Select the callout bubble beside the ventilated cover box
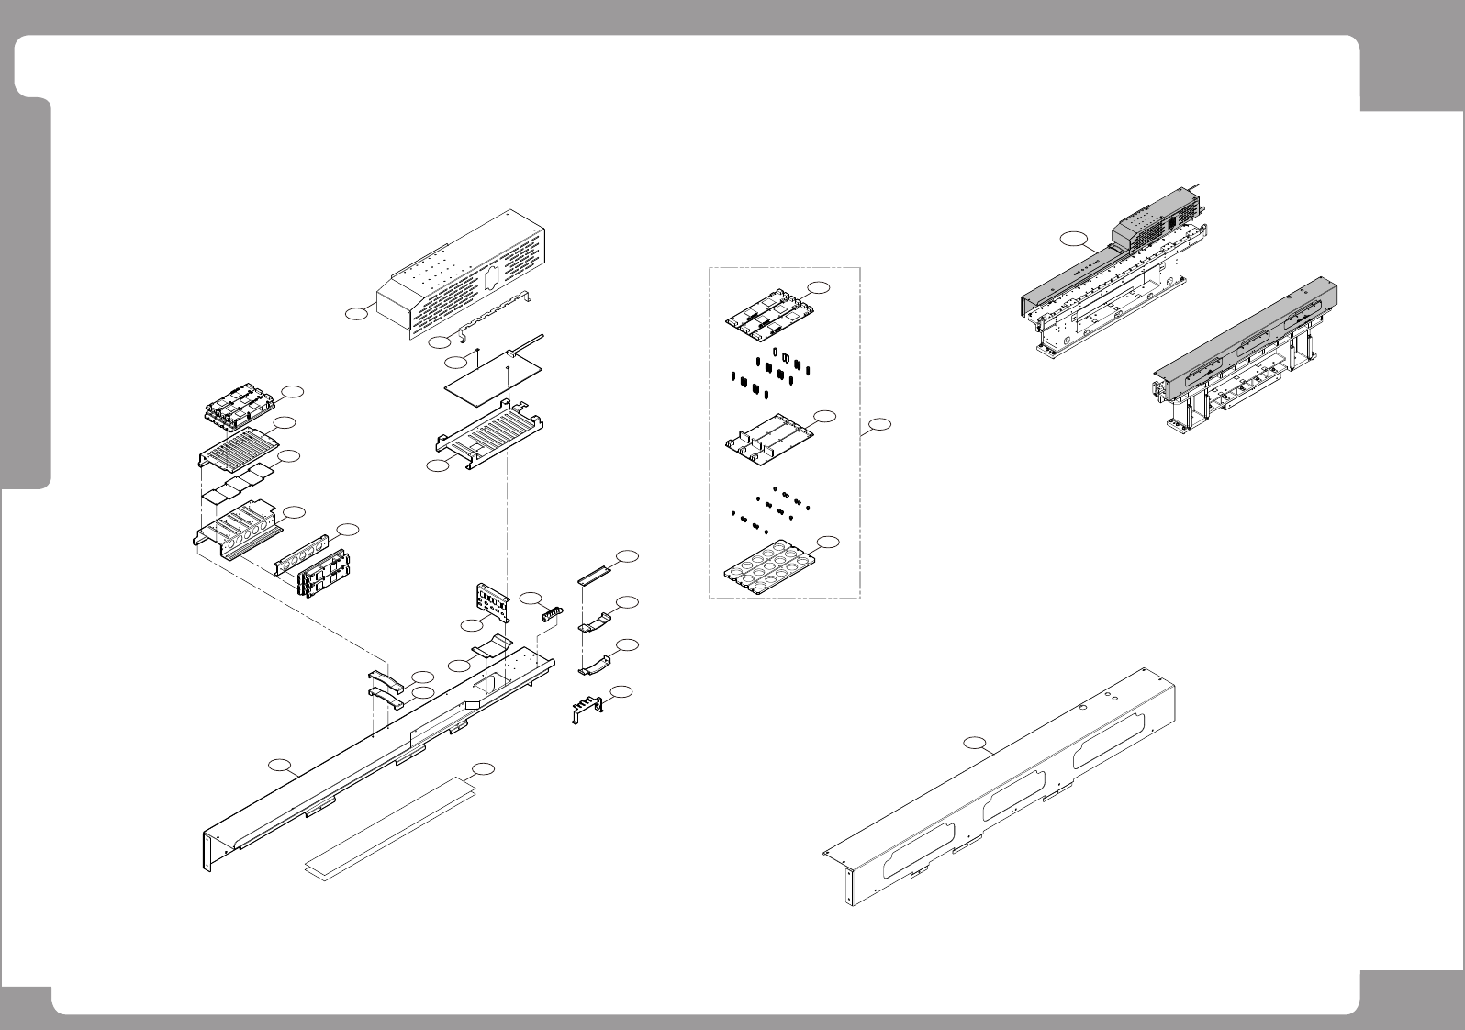click(356, 314)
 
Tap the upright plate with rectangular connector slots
click(493, 602)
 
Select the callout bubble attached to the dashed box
click(879, 425)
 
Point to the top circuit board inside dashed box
click(769, 307)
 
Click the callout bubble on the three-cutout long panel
click(979, 741)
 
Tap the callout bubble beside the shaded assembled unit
click(1070, 241)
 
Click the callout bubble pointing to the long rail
click(278, 765)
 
